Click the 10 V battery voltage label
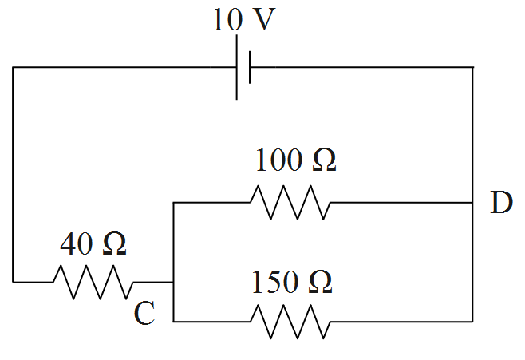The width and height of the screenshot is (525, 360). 243,21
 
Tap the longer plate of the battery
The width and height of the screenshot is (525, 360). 237,69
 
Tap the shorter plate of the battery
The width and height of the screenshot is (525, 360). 250,68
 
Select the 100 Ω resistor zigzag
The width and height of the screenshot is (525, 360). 289,203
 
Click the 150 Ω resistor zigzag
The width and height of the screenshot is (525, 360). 289,322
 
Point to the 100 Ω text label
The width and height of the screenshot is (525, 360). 295,161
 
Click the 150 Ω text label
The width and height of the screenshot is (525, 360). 292,282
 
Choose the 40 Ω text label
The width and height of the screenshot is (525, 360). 94,243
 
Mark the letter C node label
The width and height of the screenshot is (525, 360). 144,314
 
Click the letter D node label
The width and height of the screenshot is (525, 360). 501,204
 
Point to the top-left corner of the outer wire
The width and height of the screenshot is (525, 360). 14,68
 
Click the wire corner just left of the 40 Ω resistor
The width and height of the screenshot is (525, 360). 14,282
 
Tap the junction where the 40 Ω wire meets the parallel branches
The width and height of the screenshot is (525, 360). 173,282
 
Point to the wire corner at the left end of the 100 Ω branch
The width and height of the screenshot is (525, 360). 173,203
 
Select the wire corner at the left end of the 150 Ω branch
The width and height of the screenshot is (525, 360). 173,322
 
